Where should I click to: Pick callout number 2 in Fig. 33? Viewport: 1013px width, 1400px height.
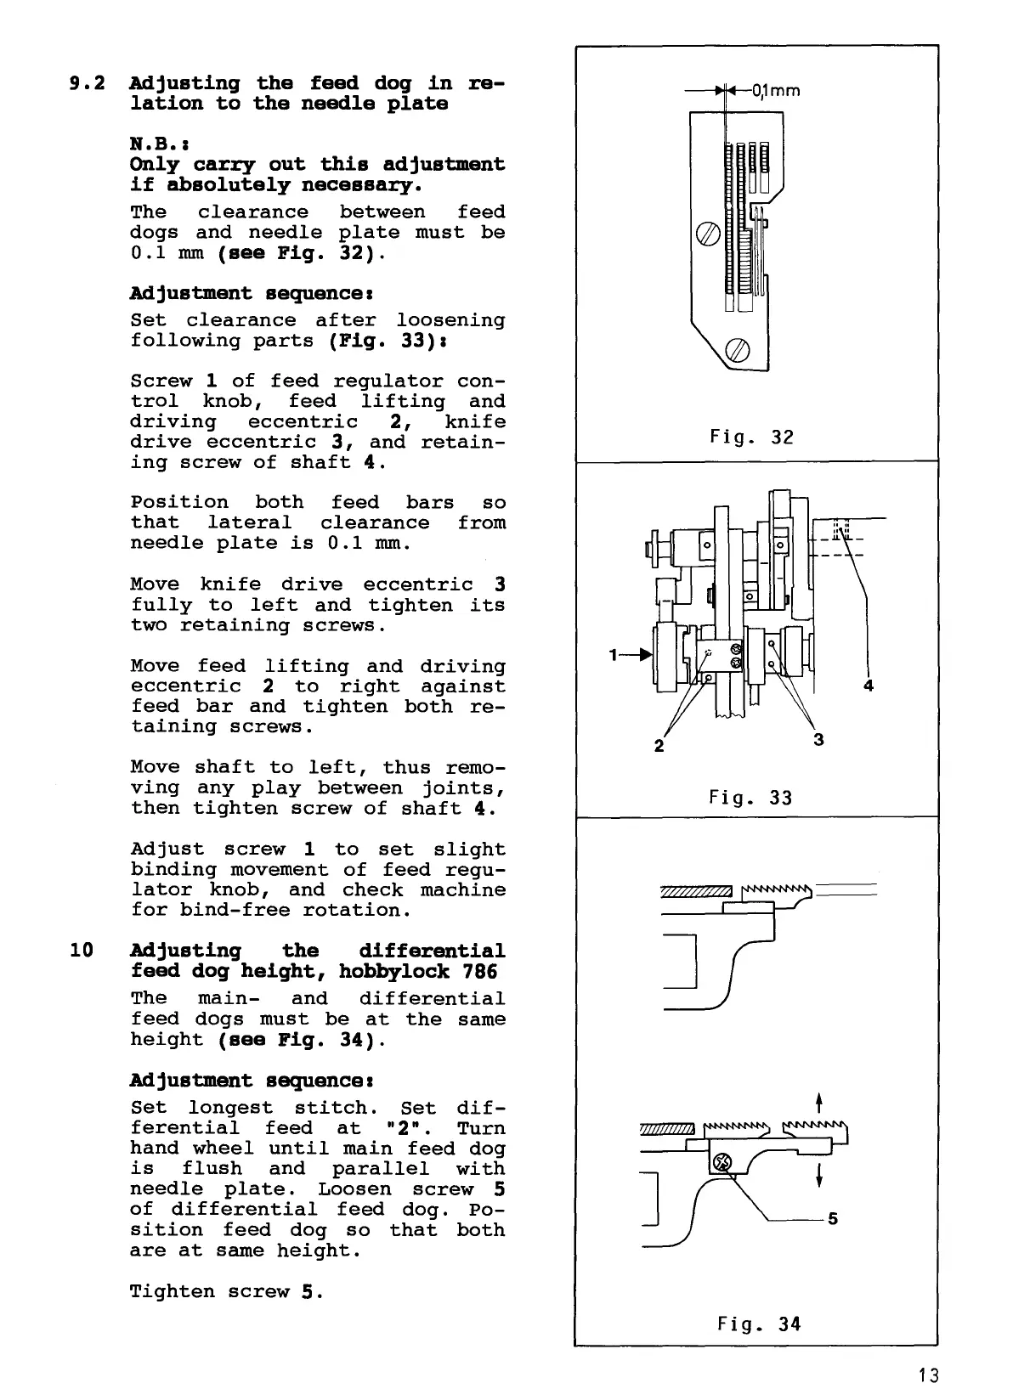tap(659, 747)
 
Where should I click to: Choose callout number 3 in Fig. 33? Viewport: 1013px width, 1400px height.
tap(818, 740)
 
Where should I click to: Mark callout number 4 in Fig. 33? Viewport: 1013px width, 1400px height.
tap(869, 686)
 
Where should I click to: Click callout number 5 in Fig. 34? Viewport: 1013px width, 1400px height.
tap(833, 1219)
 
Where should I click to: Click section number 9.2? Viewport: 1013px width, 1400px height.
tap(86, 83)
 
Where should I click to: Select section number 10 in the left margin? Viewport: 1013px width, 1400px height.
tap(82, 951)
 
